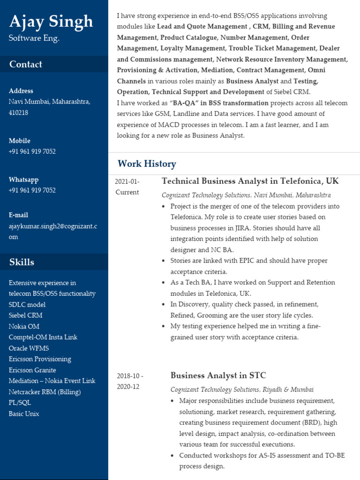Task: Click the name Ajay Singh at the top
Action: [x=51, y=22]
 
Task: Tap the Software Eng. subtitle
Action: [x=34, y=38]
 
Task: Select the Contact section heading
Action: [x=26, y=64]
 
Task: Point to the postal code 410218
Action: [x=18, y=112]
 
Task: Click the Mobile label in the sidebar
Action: [x=19, y=141]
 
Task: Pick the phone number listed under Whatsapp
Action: [x=32, y=190]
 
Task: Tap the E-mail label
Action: [x=18, y=215]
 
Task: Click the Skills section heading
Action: [x=22, y=262]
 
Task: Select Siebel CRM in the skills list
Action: [x=25, y=315]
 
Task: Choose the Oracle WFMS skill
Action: [x=29, y=348]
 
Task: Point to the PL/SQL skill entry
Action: [x=20, y=403]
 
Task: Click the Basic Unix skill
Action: [x=24, y=414]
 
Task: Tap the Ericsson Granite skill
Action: [x=32, y=370]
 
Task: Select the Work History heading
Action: [x=147, y=164]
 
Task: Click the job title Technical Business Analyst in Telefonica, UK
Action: [x=250, y=181]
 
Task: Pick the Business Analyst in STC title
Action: [x=218, y=375]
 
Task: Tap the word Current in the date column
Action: [x=127, y=192]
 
